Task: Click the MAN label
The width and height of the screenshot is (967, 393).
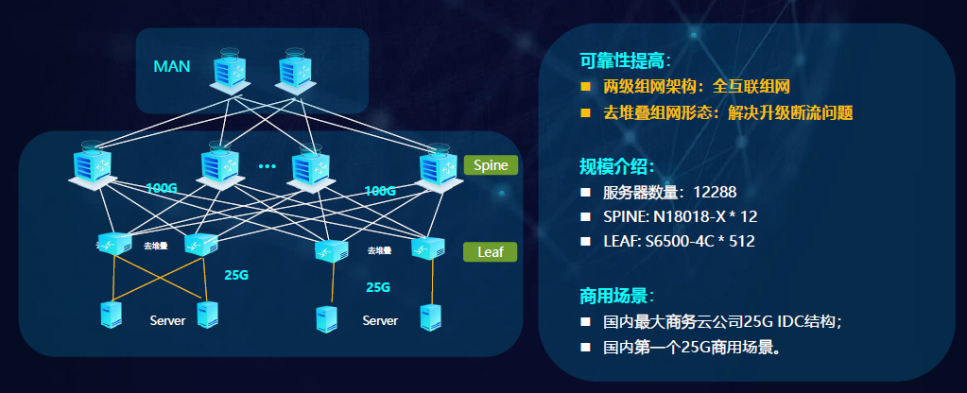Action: click(172, 66)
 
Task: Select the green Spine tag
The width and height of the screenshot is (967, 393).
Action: click(491, 165)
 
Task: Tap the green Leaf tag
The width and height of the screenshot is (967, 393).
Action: click(491, 252)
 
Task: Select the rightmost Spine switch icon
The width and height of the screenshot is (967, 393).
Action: click(438, 165)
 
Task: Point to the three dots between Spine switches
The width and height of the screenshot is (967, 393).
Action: click(267, 166)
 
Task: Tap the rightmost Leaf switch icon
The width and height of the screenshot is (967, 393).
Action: click(428, 248)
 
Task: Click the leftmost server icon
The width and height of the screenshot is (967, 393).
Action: click(111, 315)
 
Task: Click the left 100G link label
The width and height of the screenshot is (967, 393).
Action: click(162, 188)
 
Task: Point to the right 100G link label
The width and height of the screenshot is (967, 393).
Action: click(380, 191)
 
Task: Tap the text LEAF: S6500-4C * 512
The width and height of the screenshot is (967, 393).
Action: click(679, 241)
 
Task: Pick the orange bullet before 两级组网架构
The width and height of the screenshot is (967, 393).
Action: click(586, 87)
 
